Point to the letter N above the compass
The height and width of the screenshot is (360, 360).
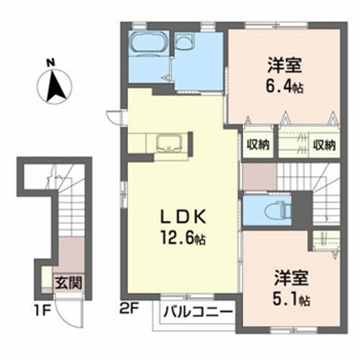(49, 63)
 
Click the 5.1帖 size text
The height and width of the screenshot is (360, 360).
(291, 299)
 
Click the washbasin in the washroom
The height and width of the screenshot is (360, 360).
(185, 43)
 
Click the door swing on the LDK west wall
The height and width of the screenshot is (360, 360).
(115, 116)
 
